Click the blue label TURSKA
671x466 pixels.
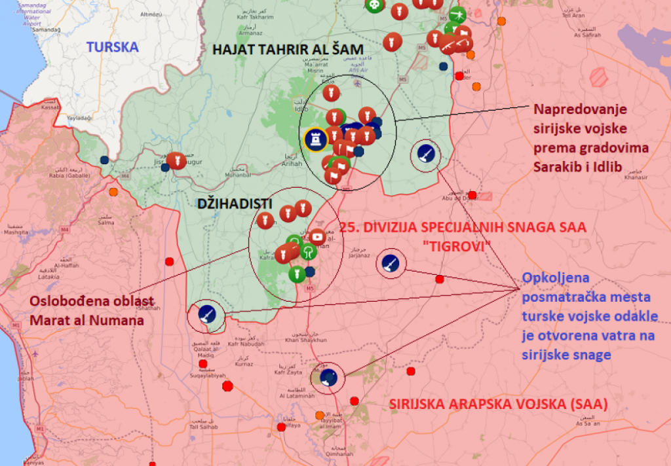coord(113,47)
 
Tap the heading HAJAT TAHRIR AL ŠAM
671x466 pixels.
coord(287,50)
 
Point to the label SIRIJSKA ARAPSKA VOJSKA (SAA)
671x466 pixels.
coord(498,404)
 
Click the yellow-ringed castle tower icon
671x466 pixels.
coord(316,139)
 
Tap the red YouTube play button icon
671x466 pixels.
coord(317,236)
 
